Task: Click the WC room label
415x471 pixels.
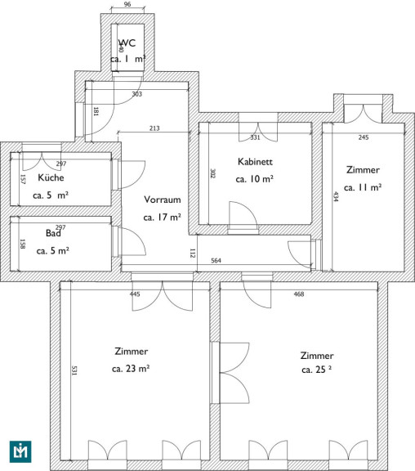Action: tap(127, 43)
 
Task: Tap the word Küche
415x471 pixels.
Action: tap(51, 177)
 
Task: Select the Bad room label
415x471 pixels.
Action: tap(53, 233)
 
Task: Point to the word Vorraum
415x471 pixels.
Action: tap(163, 200)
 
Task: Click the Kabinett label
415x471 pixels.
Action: tap(255, 162)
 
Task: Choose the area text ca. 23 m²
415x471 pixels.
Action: tap(131, 368)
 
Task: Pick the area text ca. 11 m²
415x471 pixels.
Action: tap(363, 187)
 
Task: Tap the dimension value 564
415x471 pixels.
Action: tap(216, 260)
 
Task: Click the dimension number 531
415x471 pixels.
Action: tap(74, 370)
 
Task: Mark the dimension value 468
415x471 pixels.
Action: tap(299, 294)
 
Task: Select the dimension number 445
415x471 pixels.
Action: tap(135, 294)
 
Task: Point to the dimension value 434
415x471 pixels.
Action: tap(336, 196)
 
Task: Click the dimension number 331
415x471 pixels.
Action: tap(255, 137)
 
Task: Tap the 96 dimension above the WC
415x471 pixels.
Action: tap(127, 4)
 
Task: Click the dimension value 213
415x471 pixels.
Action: tap(154, 128)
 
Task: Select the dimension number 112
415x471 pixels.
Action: tap(192, 253)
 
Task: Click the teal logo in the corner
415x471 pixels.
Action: tap(20, 451)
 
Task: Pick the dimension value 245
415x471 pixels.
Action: tap(364, 137)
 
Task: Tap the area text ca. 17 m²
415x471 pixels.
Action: tap(163, 218)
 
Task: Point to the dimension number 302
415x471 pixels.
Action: tap(212, 173)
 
